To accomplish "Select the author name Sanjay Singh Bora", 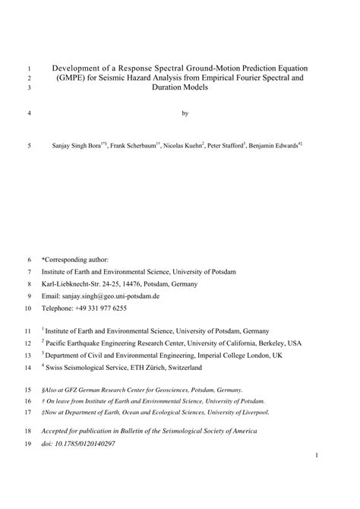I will coord(84,144).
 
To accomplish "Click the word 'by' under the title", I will coord(185,114).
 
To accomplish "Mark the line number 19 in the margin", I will coord(30,443).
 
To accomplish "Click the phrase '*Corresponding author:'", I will coord(75,258).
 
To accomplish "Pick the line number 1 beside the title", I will coord(30,67).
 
